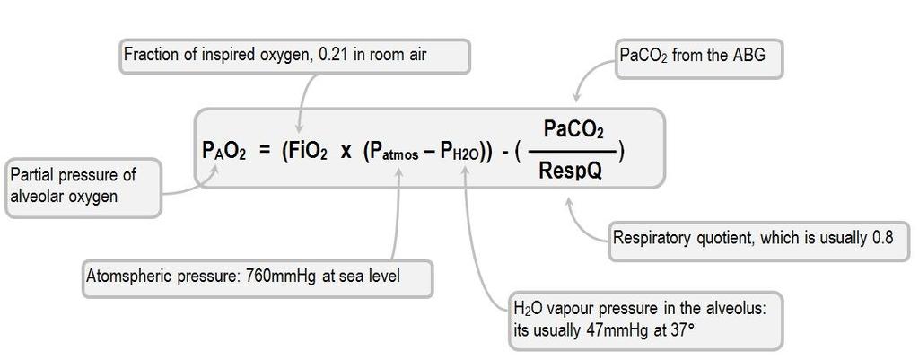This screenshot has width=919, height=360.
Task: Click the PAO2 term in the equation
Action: (223, 151)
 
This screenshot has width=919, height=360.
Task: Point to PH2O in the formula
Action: (460, 153)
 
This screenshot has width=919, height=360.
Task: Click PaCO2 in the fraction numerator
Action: (573, 129)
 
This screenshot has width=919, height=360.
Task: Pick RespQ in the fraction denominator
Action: (571, 172)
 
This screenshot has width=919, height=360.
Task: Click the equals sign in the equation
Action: (265, 152)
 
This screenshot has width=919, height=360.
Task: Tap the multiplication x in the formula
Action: (346, 153)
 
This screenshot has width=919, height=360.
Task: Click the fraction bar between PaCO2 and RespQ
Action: (573, 151)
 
